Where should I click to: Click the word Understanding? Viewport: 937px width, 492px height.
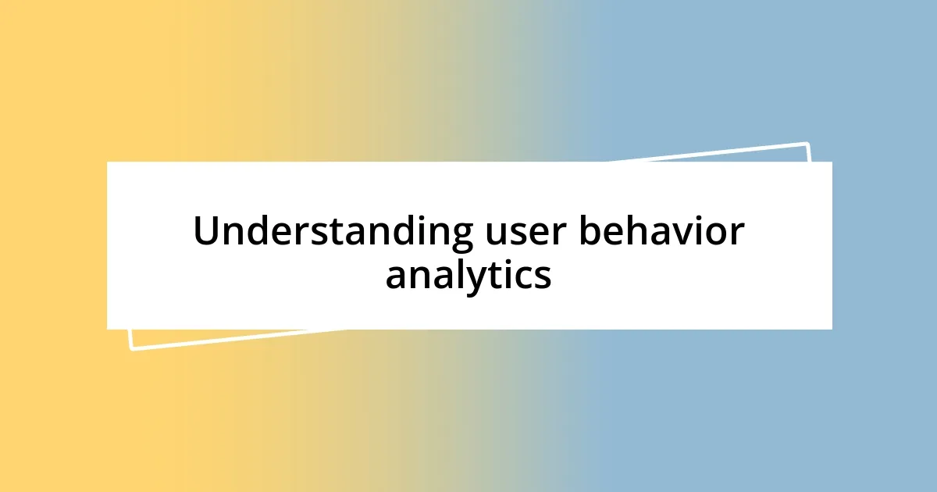click(333, 232)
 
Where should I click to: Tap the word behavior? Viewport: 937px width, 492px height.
click(661, 232)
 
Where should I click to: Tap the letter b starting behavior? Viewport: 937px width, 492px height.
click(588, 231)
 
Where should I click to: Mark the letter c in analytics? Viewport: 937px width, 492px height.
click(522, 277)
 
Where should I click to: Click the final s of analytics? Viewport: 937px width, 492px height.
click(542, 277)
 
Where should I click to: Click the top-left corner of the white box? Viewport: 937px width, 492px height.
click(108, 162)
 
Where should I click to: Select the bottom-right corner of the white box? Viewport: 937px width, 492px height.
click(831, 328)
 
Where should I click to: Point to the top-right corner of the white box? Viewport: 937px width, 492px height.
click(831, 162)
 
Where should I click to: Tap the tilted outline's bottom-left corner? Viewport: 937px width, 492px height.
click(130, 348)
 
